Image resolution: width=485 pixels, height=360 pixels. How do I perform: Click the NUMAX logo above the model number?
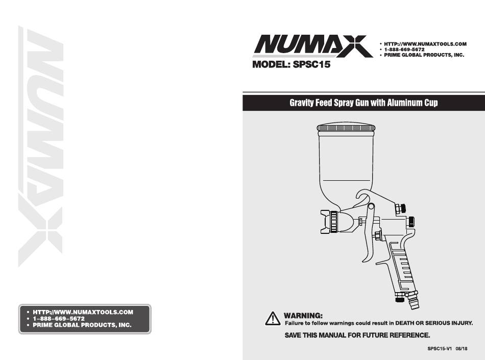(313, 46)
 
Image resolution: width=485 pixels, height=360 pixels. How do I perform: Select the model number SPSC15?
(311, 64)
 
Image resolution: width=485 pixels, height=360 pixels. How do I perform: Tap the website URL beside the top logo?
(425, 44)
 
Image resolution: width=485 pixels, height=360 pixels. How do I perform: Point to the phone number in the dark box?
(59, 319)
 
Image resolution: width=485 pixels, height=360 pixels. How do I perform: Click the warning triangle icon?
(273, 318)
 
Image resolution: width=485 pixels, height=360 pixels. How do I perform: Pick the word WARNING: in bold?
(303, 316)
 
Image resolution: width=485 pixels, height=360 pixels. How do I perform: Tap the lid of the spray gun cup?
(346, 127)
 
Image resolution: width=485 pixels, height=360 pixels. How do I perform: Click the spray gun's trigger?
(369, 235)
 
